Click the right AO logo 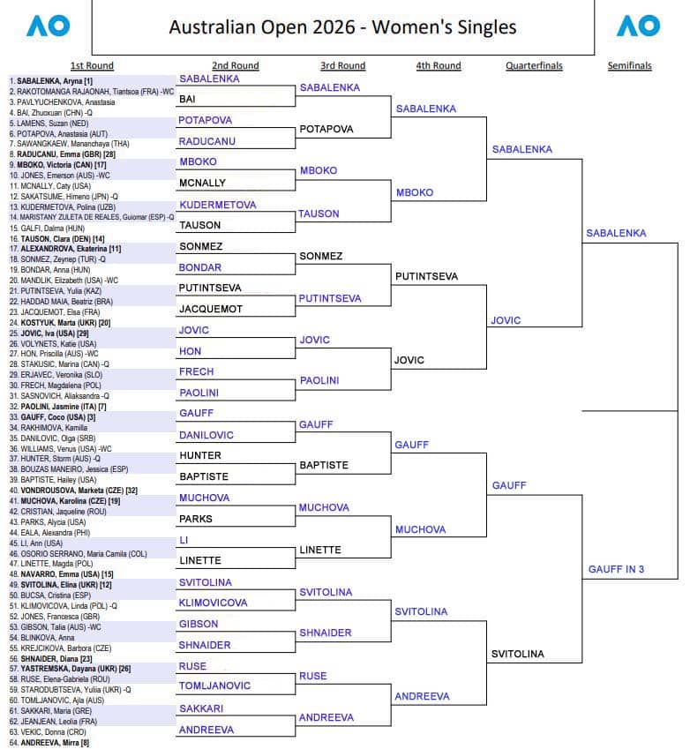[637, 26]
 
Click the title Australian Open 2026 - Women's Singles [342, 27]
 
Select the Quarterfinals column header [534, 65]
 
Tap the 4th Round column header [439, 65]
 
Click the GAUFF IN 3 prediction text [616, 569]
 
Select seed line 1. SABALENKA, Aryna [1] [52, 81]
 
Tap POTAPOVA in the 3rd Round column [326, 129]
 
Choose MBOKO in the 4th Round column [415, 192]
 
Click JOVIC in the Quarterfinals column [506, 321]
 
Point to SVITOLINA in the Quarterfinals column [518, 654]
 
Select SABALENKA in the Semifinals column [616, 234]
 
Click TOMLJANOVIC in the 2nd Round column [214, 685]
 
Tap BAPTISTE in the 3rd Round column [324, 465]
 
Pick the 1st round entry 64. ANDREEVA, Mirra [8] [54, 743]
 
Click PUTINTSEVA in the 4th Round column [427, 276]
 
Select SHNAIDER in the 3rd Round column [326, 633]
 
